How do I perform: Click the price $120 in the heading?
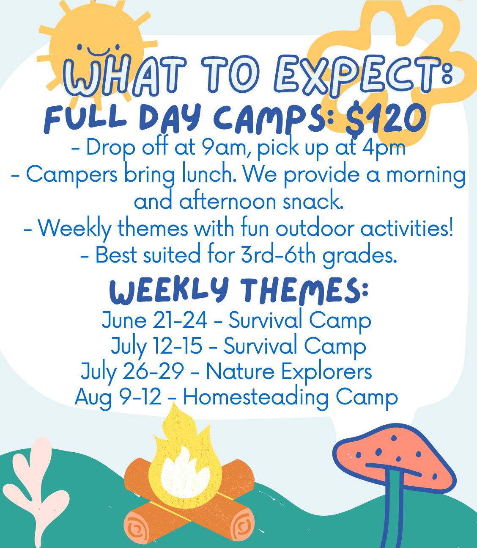pyautogui.click(x=386, y=119)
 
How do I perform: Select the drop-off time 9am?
pyautogui.click(x=222, y=147)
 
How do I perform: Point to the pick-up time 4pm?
pyautogui.click(x=384, y=147)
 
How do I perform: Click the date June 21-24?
pyautogui.click(x=154, y=320)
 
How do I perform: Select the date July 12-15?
pyautogui.click(x=156, y=346)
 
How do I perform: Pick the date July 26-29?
pyautogui.click(x=132, y=372)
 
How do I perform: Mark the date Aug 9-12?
pyautogui.click(x=118, y=397)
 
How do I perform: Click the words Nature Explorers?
pyautogui.click(x=289, y=372)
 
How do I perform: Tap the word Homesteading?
pyautogui.click(x=256, y=397)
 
